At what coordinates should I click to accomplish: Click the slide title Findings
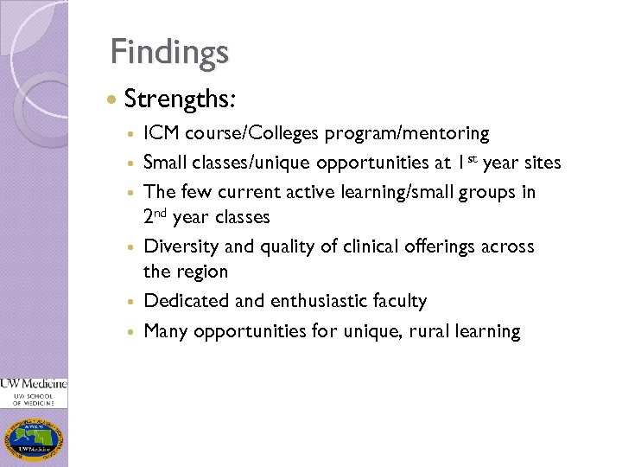169,51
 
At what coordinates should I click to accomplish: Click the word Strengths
179,99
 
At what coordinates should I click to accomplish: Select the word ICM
162,134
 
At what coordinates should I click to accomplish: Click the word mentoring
446,134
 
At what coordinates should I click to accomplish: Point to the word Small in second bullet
165,162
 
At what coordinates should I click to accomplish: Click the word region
201,272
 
